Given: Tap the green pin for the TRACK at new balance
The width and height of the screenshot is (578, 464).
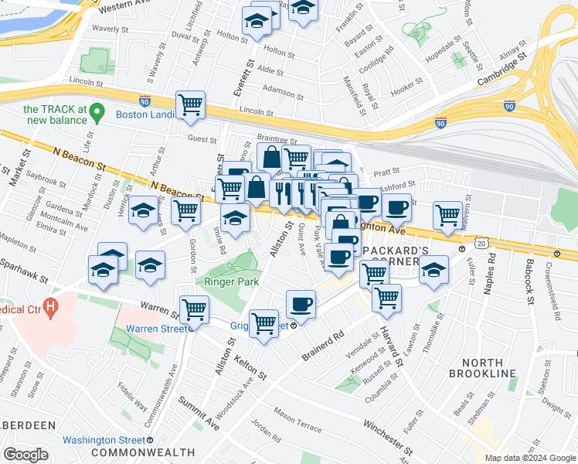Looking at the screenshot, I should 97,114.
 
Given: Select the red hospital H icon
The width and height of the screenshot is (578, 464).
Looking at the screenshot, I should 51,308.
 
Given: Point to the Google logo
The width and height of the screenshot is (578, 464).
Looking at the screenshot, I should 25,454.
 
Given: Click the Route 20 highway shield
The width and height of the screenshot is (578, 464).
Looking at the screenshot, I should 481,244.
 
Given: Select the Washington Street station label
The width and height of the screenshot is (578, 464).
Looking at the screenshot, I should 105,440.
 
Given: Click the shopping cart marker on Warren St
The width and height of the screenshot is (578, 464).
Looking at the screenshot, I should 193,309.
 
